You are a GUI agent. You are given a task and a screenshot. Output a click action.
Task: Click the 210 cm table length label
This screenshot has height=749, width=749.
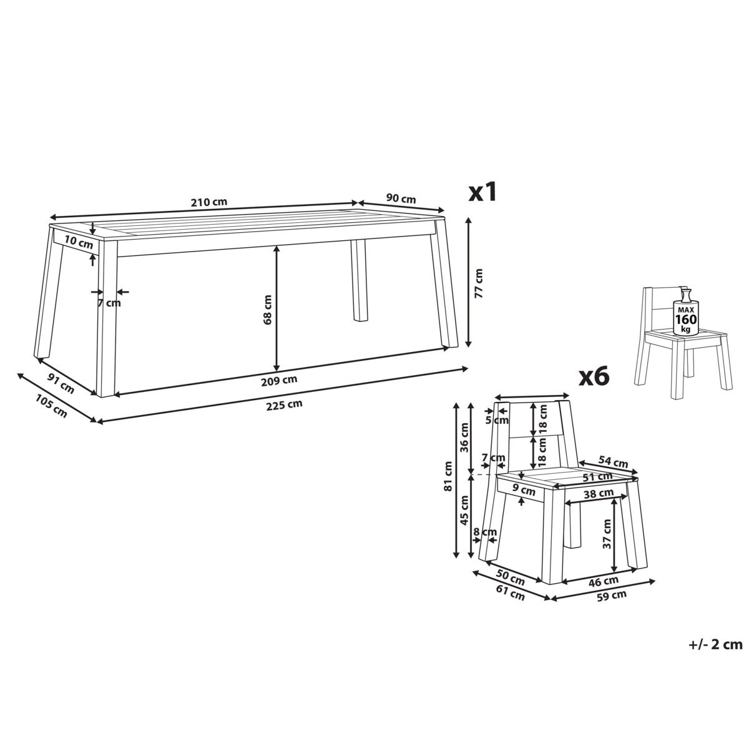coord(208,202)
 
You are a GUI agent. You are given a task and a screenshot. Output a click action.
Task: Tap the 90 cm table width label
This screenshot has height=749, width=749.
coord(401,198)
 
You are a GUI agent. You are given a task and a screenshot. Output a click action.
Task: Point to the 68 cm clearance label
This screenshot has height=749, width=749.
coord(267,310)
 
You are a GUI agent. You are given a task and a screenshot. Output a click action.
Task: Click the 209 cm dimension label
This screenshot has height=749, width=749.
coord(279,379)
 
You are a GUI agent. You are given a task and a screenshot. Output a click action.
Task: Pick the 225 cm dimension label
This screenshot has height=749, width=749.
coord(284,405)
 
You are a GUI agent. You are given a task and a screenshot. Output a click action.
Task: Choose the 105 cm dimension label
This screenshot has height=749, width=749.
coord(52,406)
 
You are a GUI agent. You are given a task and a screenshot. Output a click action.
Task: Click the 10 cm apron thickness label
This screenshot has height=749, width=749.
coord(79,243)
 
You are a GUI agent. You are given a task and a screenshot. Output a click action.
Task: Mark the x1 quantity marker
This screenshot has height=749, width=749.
coord(482,192)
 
